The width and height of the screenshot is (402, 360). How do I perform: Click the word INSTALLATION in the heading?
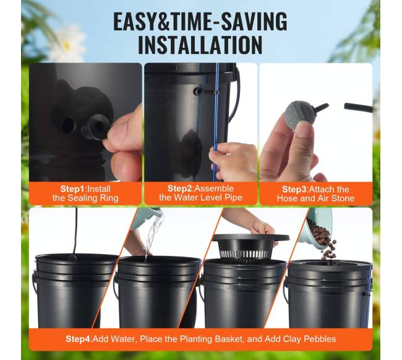(200, 45)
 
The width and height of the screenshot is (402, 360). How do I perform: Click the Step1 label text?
(72, 189)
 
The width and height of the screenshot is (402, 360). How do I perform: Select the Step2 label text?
(179, 188)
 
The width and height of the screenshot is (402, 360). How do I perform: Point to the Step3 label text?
(294, 190)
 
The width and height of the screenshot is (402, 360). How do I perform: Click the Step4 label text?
(78, 339)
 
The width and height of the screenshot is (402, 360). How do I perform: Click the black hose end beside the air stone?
(358, 107)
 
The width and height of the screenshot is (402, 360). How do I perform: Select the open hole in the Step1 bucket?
(68, 125)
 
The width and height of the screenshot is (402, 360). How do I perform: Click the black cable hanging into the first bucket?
(76, 231)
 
